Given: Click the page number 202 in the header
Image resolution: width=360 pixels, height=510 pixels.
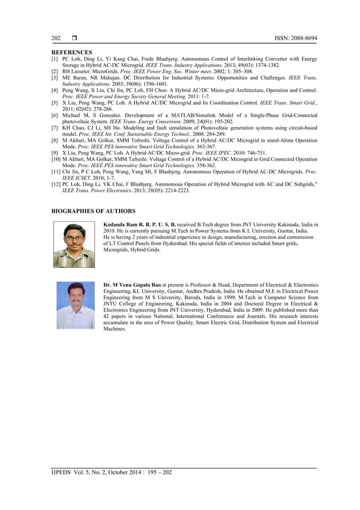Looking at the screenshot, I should tap(56, 38).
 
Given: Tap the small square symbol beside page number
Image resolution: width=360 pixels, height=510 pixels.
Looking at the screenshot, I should tap(74, 38).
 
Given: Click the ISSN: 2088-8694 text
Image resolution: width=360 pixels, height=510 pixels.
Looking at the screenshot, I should tap(295, 38).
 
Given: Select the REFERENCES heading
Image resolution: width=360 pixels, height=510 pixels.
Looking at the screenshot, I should tap(72, 53).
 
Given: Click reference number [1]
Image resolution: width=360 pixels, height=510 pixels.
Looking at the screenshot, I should tap(55, 59).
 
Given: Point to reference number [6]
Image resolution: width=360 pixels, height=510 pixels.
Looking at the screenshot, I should tap(55, 115).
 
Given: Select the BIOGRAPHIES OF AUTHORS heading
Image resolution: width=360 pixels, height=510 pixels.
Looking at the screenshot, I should tap(94, 211).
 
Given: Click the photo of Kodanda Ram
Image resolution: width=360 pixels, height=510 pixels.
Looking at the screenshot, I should tap(74, 244).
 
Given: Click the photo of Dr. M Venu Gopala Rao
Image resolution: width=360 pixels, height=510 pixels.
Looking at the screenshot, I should tap(75, 304).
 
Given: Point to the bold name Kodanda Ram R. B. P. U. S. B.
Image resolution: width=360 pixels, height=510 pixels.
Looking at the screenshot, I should tap(140, 225).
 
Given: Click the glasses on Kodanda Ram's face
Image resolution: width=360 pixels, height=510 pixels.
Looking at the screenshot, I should tap(74, 238).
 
